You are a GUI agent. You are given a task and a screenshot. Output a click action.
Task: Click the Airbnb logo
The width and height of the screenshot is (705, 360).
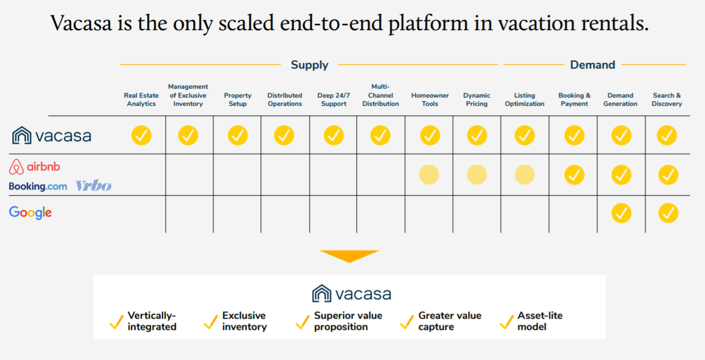pyautogui.click(x=35, y=167)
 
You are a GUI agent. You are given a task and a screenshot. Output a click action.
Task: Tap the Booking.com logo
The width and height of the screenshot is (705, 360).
pyautogui.click(x=38, y=186)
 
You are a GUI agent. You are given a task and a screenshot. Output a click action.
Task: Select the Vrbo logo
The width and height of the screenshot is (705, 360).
pyautogui.click(x=93, y=186)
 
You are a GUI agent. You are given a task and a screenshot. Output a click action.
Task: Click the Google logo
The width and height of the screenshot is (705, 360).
pyautogui.click(x=30, y=213)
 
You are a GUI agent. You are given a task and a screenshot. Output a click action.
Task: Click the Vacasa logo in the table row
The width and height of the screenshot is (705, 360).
pyautogui.click(x=52, y=135)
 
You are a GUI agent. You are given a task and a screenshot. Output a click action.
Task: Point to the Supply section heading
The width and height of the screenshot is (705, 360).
pyautogui.click(x=309, y=65)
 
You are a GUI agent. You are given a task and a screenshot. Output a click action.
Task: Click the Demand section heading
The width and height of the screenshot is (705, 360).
pyautogui.click(x=592, y=65)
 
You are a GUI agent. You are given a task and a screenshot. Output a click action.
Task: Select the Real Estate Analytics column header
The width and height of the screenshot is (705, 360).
pyautogui.click(x=141, y=99)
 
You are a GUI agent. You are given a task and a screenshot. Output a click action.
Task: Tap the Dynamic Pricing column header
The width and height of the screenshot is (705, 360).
pyautogui.click(x=476, y=99)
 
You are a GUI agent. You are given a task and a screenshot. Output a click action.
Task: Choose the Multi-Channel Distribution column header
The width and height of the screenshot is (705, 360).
pyautogui.click(x=381, y=95)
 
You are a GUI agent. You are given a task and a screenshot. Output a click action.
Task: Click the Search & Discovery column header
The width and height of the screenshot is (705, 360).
pyautogui.click(x=667, y=99)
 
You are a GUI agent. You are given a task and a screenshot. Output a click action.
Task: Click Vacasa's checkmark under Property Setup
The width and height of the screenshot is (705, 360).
pyautogui.click(x=238, y=135)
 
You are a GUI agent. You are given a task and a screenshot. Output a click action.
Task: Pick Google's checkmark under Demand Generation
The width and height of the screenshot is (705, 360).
pyautogui.click(x=620, y=213)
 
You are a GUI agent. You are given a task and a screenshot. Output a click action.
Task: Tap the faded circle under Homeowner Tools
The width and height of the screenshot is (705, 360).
pyautogui.click(x=429, y=175)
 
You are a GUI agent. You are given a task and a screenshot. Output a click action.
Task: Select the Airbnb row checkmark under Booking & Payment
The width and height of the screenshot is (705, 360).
pyautogui.click(x=574, y=175)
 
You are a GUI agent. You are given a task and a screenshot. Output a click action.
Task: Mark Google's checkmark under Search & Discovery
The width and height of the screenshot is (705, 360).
pyautogui.click(x=668, y=213)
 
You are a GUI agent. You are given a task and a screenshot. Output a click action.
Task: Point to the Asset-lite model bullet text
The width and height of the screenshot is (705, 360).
pyautogui.click(x=540, y=321)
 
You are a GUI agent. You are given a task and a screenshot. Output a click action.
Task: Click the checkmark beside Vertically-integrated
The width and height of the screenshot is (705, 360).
pyautogui.click(x=116, y=322)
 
